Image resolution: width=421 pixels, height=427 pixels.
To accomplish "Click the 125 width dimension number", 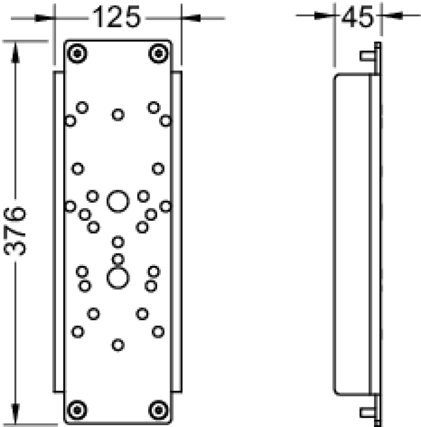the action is pyautogui.click(x=116, y=17).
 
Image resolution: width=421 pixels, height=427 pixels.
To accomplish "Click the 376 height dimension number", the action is pyautogui.click(x=15, y=231).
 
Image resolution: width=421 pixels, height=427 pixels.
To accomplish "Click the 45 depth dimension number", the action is pyautogui.click(x=358, y=16).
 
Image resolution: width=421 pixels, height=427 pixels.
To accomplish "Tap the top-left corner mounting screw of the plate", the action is pyautogui.click(x=77, y=53).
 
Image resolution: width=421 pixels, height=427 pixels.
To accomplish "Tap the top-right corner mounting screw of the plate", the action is pyautogui.click(x=158, y=53).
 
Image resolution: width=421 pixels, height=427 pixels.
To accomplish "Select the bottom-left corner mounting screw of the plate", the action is pyautogui.click(x=77, y=410).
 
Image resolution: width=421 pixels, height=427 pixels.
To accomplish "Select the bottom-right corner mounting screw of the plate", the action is pyautogui.click(x=158, y=410).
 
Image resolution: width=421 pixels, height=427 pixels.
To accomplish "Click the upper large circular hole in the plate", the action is pyautogui.click(x=118, y=201).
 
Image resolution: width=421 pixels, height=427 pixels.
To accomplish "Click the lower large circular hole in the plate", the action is pyautogui.click(x=118, y=278).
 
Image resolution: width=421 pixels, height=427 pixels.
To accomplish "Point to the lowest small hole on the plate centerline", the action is pyautogui.click(x=118, y=345).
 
